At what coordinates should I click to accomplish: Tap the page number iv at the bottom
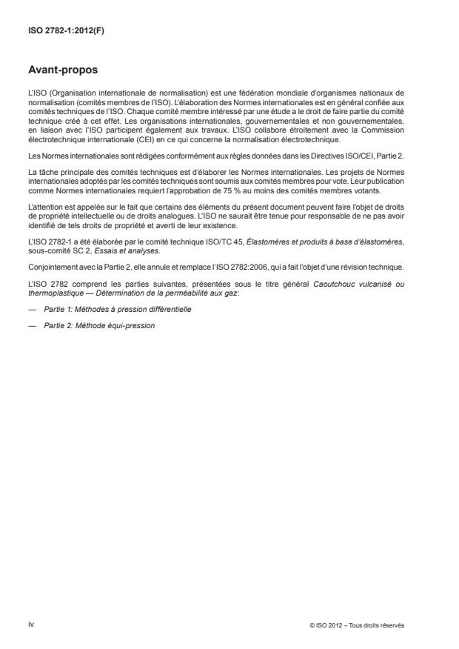pyautogui.click(x=31, y=624)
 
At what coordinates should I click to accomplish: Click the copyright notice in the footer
pyautogui.click(x=357, y=625)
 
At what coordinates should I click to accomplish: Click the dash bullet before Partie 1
pyautogui.click(x=32, y=308)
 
